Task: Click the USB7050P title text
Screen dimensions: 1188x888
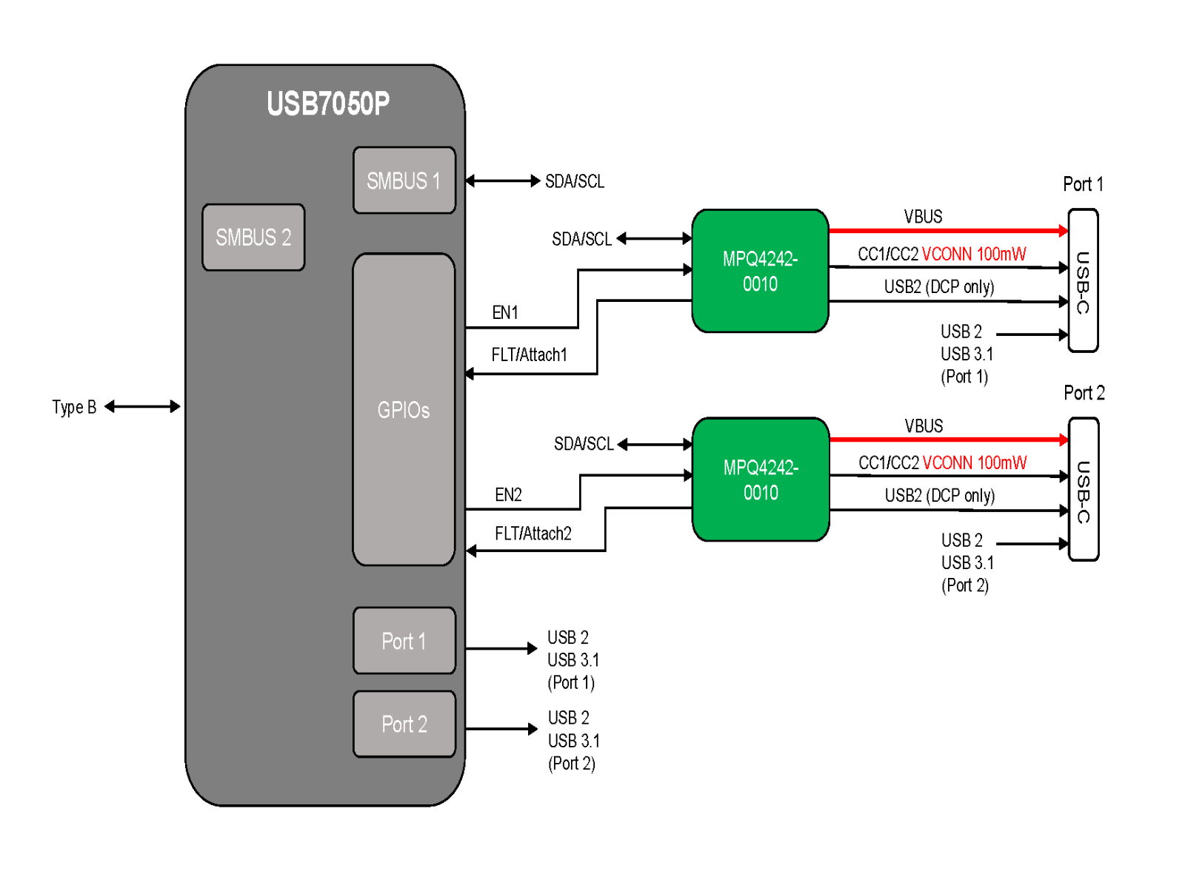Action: [327, 103]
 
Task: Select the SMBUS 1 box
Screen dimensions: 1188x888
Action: [404, 180]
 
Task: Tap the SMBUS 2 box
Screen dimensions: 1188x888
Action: [253, 237]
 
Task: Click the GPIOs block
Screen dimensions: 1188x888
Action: [404, 409]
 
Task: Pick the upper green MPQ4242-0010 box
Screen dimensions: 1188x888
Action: [760, 270]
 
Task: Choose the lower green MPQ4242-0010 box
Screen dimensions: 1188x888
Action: [761, 480]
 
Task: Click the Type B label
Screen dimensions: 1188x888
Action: [74, 407]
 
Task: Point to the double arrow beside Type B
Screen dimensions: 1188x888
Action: [141, 406]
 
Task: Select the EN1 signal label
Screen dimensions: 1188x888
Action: [504, 312]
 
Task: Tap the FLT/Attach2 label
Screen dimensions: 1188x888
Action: [533, 534]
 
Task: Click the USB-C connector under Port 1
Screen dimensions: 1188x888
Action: [1083, 280]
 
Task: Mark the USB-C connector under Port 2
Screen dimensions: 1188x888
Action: [1083, 489]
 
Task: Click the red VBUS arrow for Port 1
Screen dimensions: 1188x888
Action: [948, 231]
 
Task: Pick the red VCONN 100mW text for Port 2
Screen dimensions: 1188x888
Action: [974, 462]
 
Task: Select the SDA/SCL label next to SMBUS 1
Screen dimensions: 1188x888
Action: [574, 181]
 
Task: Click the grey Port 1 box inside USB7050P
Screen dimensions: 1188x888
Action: [404, 640]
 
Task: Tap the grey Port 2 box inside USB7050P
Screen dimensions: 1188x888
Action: [404, 724]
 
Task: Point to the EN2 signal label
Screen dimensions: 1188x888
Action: [508, 494]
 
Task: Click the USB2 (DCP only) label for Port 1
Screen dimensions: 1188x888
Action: [939, 286]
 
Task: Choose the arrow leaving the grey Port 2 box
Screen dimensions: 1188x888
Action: [501, 729]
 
